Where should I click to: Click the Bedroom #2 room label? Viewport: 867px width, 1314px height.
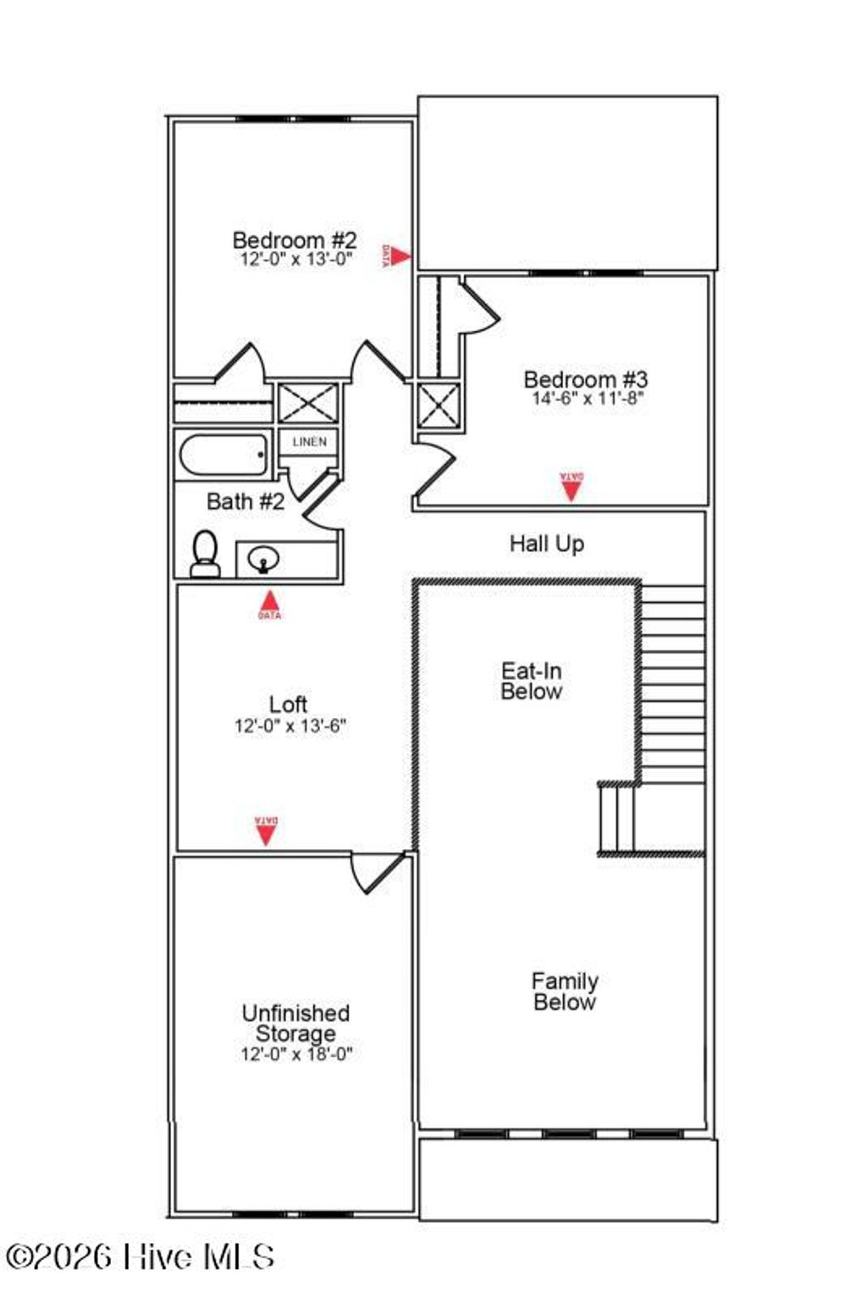click(294, 240)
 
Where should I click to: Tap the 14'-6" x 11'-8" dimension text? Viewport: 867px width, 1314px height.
click(588, 399)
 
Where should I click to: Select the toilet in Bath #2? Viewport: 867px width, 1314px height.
click(205, 555)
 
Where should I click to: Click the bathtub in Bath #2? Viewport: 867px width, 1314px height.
click(223, 456)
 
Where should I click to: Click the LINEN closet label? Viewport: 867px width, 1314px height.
click(309, 442)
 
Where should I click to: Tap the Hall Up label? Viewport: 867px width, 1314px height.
click(546, 544)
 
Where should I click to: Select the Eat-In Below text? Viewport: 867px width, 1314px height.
click(531, 682)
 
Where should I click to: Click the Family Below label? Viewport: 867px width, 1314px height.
click(565, 991)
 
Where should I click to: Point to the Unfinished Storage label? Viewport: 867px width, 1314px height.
click(295, 1023)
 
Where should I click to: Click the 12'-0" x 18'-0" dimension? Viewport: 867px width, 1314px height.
click(295, 1054)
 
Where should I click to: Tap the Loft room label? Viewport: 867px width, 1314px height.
click(288, 704)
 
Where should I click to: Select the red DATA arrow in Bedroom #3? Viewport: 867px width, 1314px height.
click(572, 487)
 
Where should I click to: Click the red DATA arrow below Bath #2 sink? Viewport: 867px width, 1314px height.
click(269, 603)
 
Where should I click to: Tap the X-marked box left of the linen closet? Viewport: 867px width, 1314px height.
click(308, 403)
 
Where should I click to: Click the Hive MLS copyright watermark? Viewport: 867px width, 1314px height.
click(140, 1256)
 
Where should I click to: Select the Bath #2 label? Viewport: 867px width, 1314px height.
click(246, 501)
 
